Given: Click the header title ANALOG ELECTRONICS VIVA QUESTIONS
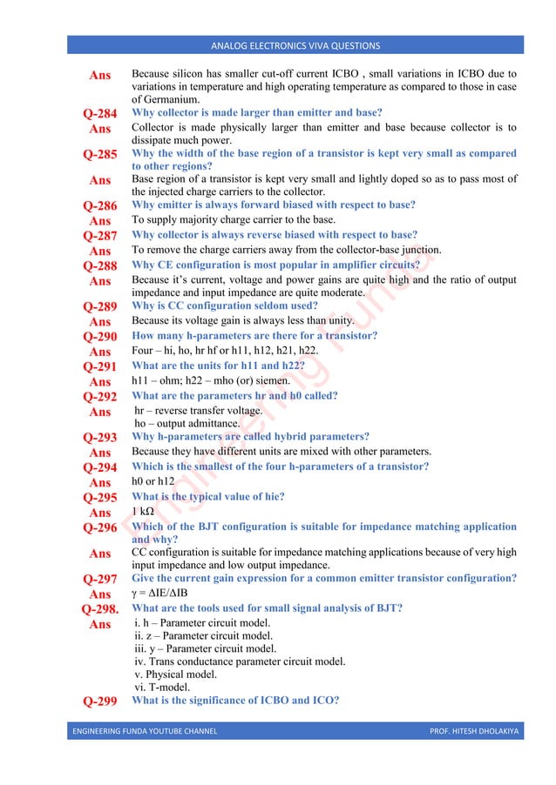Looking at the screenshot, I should [295, 45].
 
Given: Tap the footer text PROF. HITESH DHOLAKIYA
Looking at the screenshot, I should [473, 731].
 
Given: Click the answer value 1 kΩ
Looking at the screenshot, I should [143, 512].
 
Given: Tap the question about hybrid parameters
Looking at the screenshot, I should [250, 437].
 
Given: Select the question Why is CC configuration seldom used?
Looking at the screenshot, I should [231, 306].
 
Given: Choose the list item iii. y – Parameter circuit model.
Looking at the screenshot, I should [205, 648].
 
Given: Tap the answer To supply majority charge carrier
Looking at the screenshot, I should [233, 220].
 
